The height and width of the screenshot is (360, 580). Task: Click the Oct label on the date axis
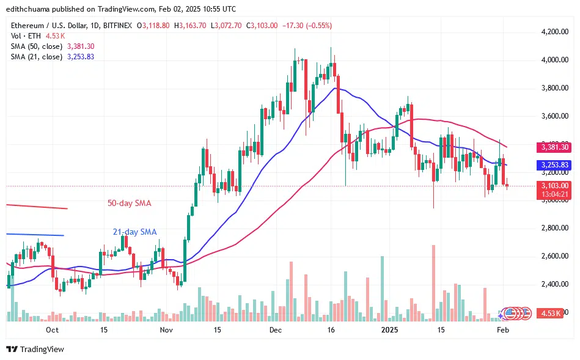click(x=52, y=330)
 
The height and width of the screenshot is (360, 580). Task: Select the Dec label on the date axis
click(x=275, y=330)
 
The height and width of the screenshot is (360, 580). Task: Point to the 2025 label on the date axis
click(x=389, y=330)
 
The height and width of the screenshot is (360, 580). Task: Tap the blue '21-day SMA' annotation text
click(x=134, y=232)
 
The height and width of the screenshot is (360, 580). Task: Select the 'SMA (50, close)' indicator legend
click(x=35, y=46)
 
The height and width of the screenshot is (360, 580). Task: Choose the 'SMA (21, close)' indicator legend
click(x=35, y=57)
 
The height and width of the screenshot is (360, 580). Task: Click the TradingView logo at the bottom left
click(x=35, y=349)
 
